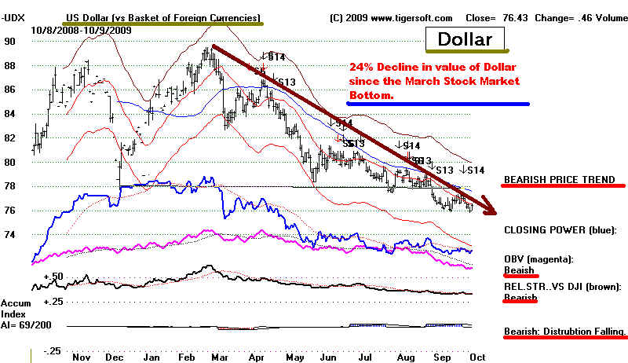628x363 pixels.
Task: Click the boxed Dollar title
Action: coord(465,38)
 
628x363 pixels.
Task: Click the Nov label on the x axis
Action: coord(79,357)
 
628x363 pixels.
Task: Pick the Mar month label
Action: coord(217,357)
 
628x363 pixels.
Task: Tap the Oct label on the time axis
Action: coord(478,357)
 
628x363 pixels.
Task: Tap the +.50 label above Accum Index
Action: coord(53,277)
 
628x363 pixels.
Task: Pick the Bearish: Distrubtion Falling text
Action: coord(565,332)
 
